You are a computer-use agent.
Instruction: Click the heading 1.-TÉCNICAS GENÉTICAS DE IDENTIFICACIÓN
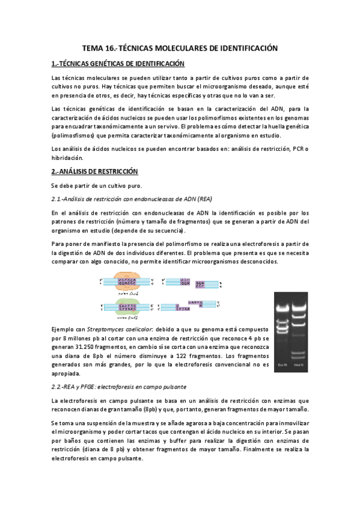(118, 63)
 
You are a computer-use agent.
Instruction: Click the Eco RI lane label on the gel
(282, 365)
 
